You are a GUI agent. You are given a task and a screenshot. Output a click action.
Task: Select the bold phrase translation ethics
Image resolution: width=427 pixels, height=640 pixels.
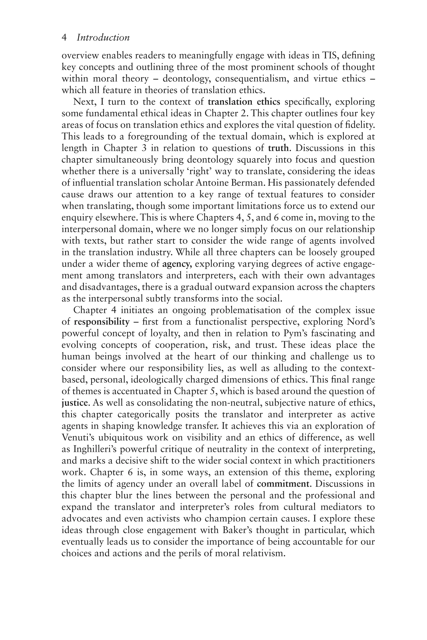point(244,102)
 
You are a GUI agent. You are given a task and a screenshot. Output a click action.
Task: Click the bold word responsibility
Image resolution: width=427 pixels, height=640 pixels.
point(102,322)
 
